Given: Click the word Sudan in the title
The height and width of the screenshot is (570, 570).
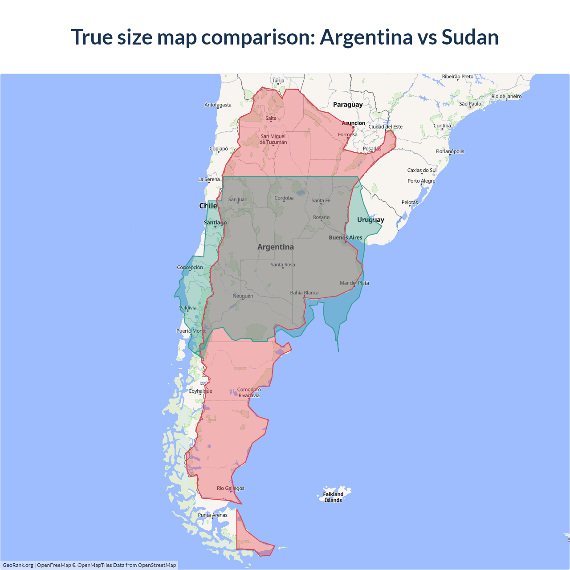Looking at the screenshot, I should pos(470,37).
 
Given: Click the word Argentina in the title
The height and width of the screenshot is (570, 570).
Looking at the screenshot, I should pos(366,37).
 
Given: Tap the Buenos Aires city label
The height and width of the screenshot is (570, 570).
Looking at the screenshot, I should pos(346,237).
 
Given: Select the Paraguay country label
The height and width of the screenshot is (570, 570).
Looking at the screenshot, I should pos(348,105).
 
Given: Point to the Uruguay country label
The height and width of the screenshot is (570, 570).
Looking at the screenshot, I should pos(370,220).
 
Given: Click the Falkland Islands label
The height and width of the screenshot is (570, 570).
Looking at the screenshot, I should pos(333,497).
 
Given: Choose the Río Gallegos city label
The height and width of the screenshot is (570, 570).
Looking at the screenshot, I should pos(230,488).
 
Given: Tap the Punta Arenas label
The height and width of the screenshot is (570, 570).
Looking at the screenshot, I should pos(212,515).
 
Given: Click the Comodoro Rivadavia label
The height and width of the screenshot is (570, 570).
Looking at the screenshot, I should pos(249,392).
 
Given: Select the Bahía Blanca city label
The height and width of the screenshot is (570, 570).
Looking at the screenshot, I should pos(304,293).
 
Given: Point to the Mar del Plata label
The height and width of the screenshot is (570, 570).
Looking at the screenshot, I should pos(354,283).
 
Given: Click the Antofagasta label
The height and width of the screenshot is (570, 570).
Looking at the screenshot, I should pos(218,105).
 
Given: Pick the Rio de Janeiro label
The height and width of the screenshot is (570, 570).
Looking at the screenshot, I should pos(506,96).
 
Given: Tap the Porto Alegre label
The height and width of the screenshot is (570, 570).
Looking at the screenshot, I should pos(421,181).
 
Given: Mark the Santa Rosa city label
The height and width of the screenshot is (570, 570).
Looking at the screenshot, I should pos(283,265).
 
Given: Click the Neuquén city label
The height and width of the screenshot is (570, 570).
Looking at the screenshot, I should pos(243,296).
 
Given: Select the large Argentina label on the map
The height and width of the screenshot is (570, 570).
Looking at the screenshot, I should pos(276,247).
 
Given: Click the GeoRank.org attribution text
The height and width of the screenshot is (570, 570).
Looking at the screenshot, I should pos(18,565).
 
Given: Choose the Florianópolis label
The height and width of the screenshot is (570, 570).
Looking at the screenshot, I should pos(450,151).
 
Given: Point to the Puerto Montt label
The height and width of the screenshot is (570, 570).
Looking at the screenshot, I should pos(191,331).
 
